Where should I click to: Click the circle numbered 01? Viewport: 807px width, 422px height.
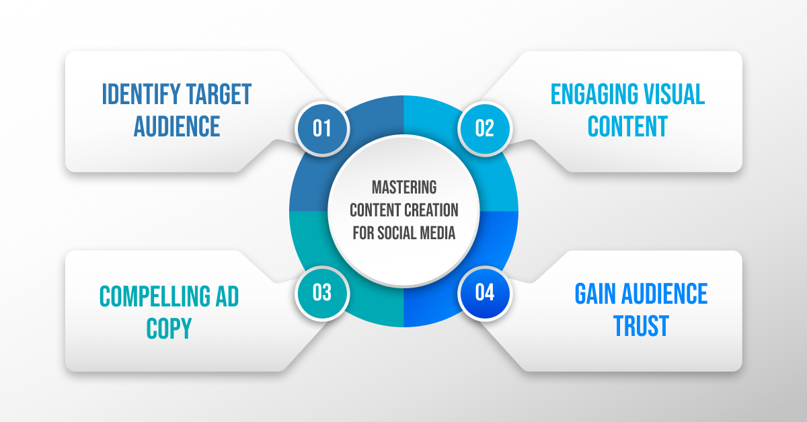[322, 128]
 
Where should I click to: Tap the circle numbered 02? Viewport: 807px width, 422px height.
[484, 128]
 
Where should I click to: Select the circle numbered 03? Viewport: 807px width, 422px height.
[322, 293]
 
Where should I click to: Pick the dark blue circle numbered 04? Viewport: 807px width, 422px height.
[484, 293]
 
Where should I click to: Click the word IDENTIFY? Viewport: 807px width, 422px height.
[137, 95]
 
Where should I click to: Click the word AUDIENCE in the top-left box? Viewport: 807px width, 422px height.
[177, 126]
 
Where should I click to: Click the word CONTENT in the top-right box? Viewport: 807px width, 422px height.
[627, 126]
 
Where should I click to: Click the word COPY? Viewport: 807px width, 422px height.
[168, 329]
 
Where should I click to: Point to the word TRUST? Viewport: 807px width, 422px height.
[641, 326]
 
